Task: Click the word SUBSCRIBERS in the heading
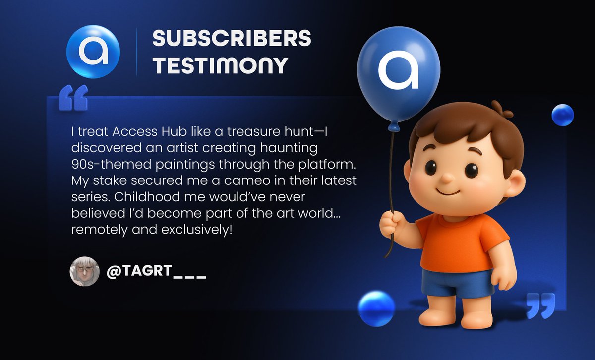(x=232, y=38)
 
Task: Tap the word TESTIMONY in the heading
(x=220, y=65)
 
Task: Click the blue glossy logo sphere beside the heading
(x=93, y=52)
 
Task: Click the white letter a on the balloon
(x=398, y=69)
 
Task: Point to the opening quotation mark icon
(x=73, y=98)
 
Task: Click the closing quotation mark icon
(x=540, y=305)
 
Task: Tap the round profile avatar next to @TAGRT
(x=84, y=271)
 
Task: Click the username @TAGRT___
(x=156, y=271)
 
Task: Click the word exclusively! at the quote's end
(x=196, y=230)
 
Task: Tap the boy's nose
(x=448, y=178)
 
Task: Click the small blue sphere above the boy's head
(x=563, y=115)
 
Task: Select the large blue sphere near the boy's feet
(x=376, y=308)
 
